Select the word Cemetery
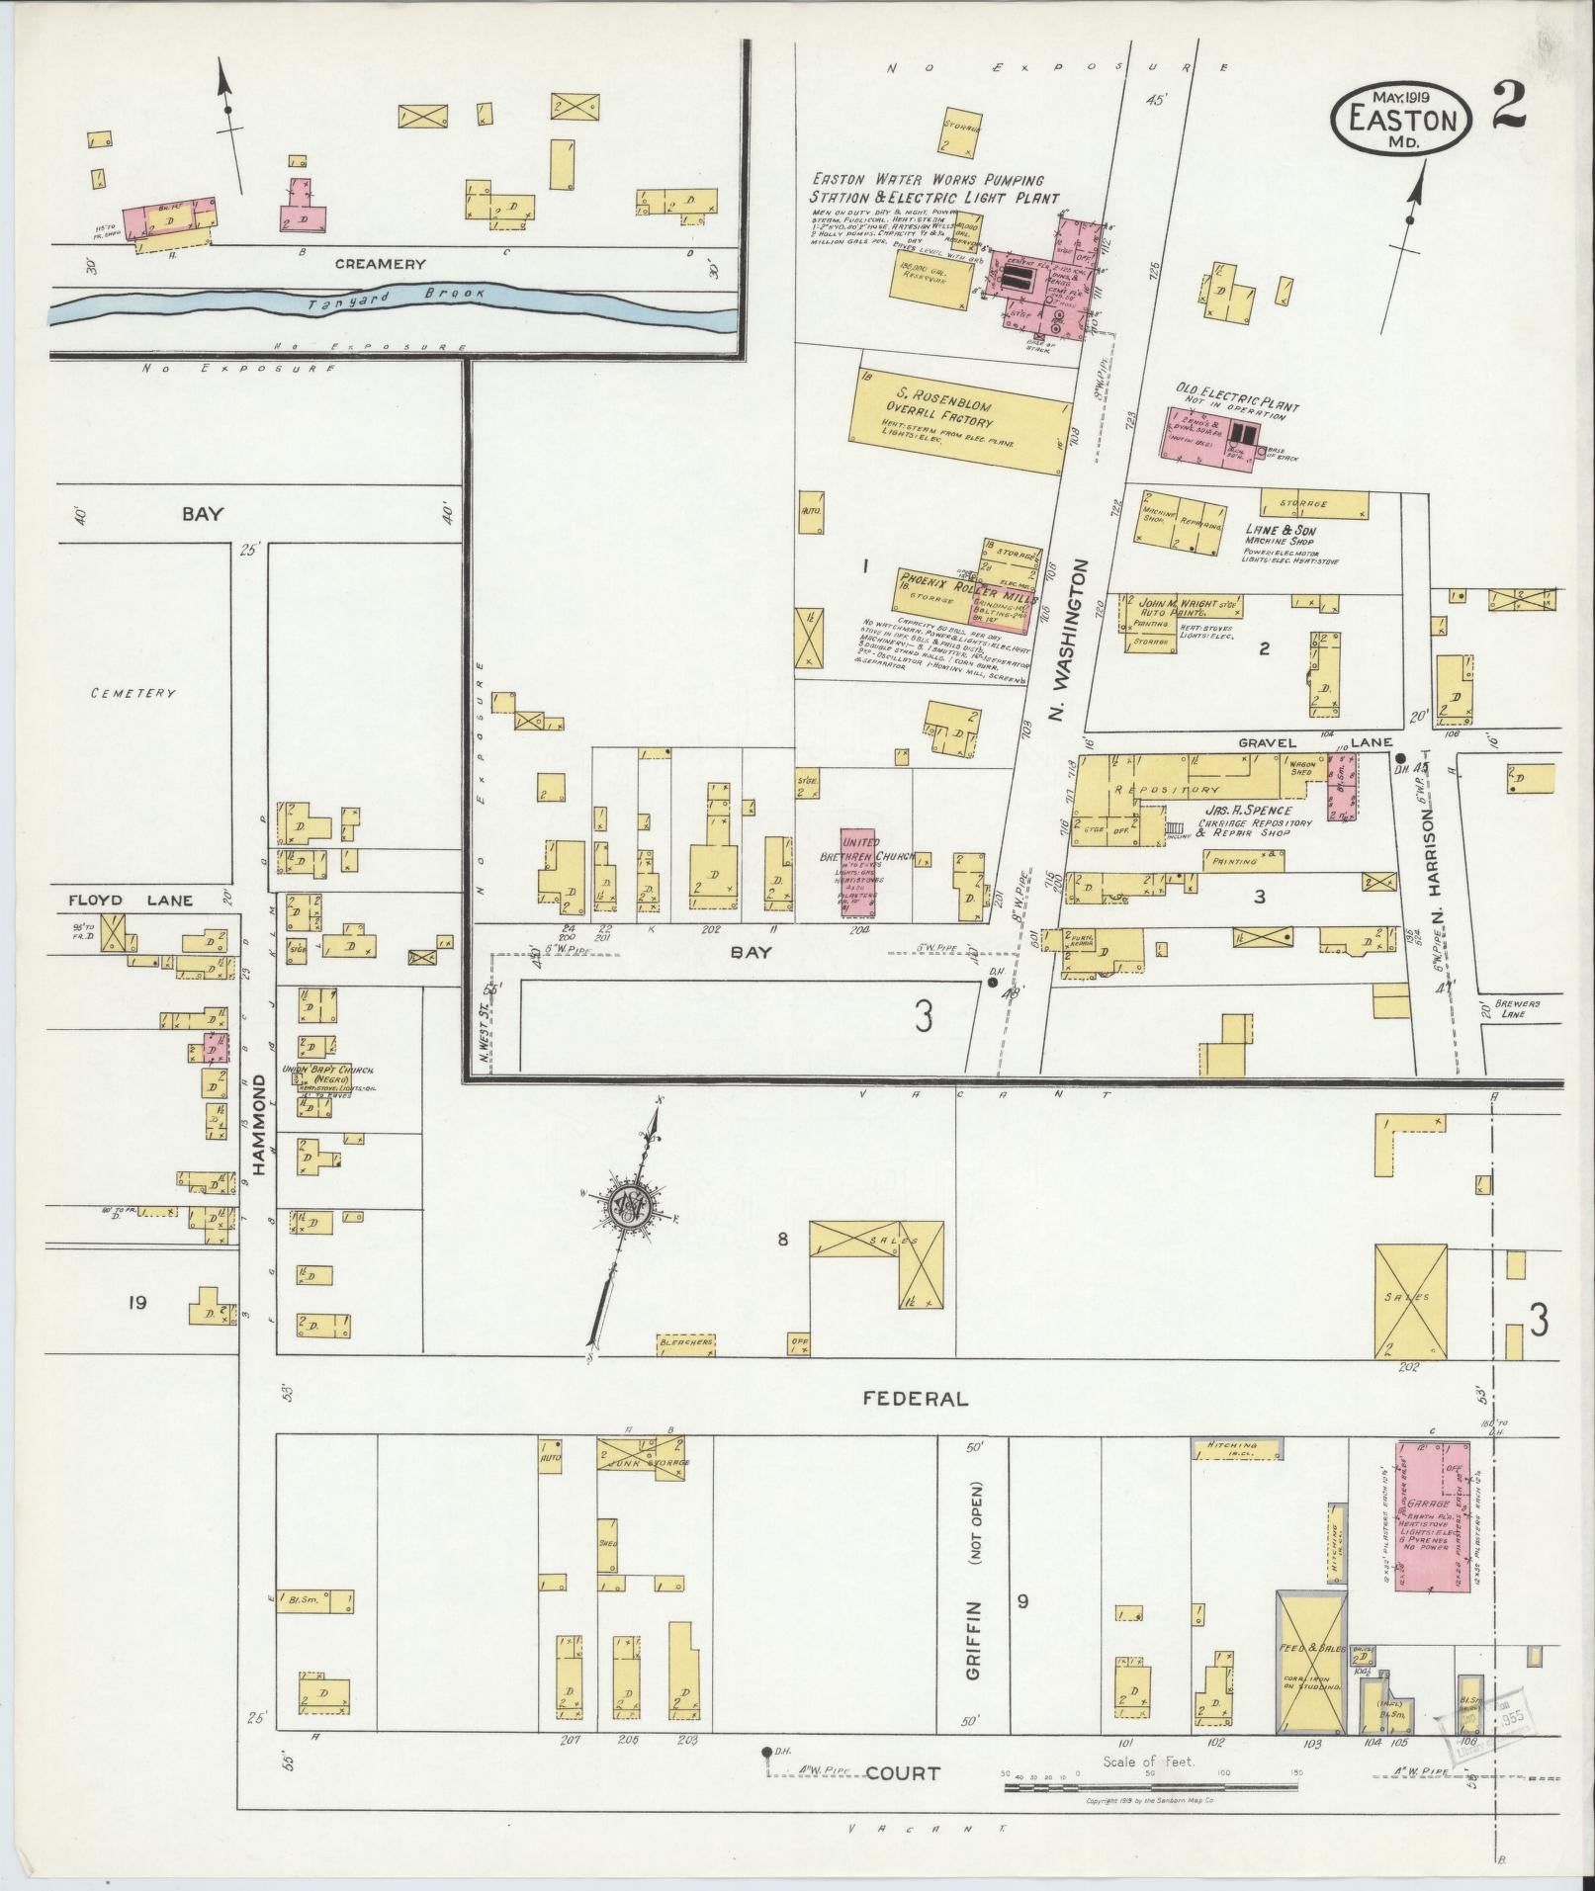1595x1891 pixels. tap(133, 693)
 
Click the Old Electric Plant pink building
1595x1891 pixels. tap(1209, 434)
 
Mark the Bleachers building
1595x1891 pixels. tap(686, 1343)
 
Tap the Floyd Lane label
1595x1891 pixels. tap(131, 901)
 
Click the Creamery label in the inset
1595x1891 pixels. tap(380, 264)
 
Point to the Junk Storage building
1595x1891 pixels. tap(643, 1459)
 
